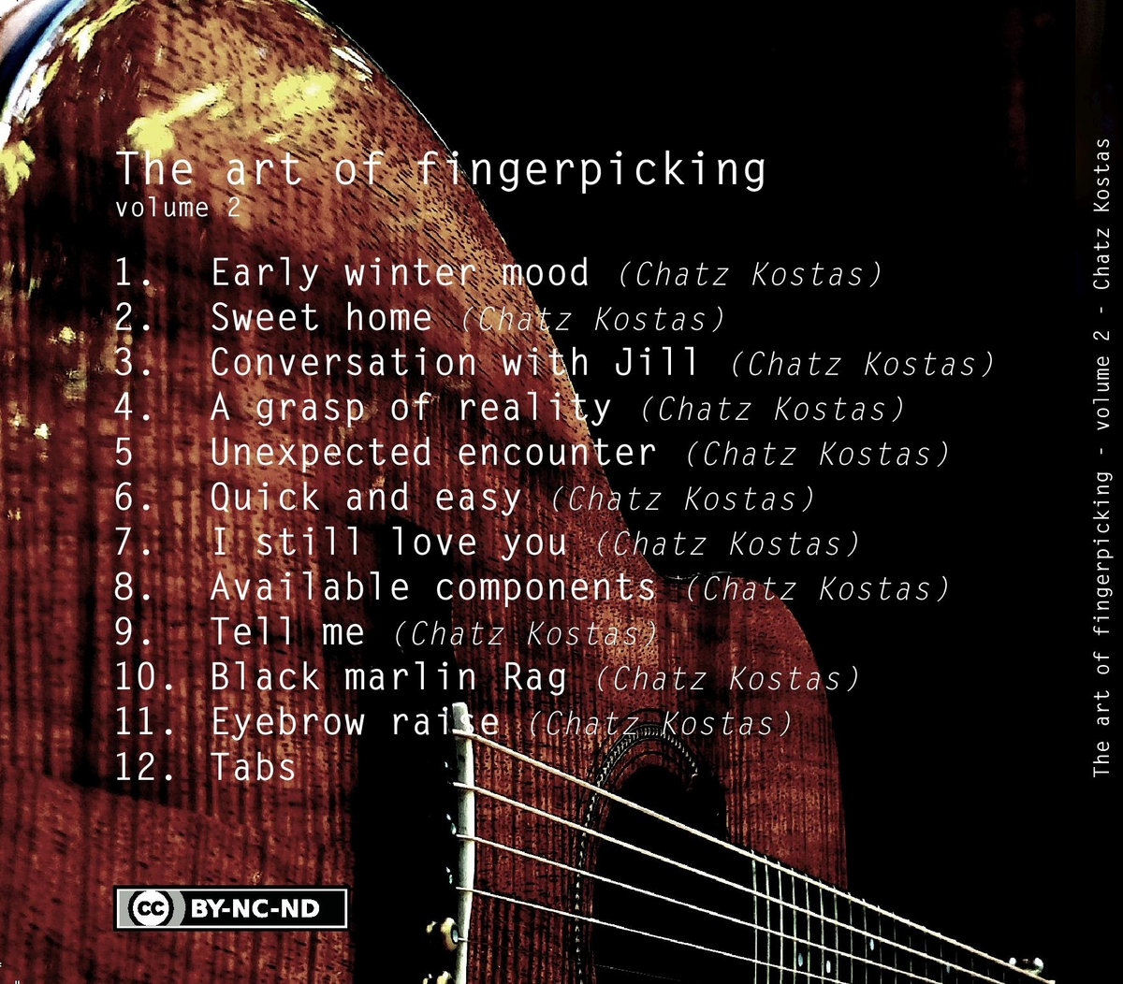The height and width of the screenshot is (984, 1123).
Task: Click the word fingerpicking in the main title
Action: point(591,170)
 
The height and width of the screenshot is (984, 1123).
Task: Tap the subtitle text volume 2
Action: point(179,208)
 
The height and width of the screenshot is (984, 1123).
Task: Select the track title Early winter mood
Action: point(400,273)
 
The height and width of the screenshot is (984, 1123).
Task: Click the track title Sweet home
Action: point(322,318)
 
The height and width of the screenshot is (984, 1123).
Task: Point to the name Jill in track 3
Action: point(656,362)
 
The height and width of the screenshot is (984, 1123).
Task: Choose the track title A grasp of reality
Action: point(411,409)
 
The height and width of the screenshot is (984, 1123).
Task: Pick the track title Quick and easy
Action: point(366,499)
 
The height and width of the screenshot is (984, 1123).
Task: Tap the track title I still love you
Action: point(389,542)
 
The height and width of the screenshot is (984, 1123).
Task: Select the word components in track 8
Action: point(546,588)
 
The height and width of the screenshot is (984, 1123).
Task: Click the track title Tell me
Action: point(287,631)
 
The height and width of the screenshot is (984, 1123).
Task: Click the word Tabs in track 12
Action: point(254,766)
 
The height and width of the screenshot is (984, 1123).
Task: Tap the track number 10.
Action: point(144,677)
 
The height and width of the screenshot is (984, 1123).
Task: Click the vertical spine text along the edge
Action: point(1101,458)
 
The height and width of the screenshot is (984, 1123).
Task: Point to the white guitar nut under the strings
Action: point(464,842)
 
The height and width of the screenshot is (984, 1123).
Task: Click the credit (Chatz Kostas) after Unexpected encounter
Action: point(818,454)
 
